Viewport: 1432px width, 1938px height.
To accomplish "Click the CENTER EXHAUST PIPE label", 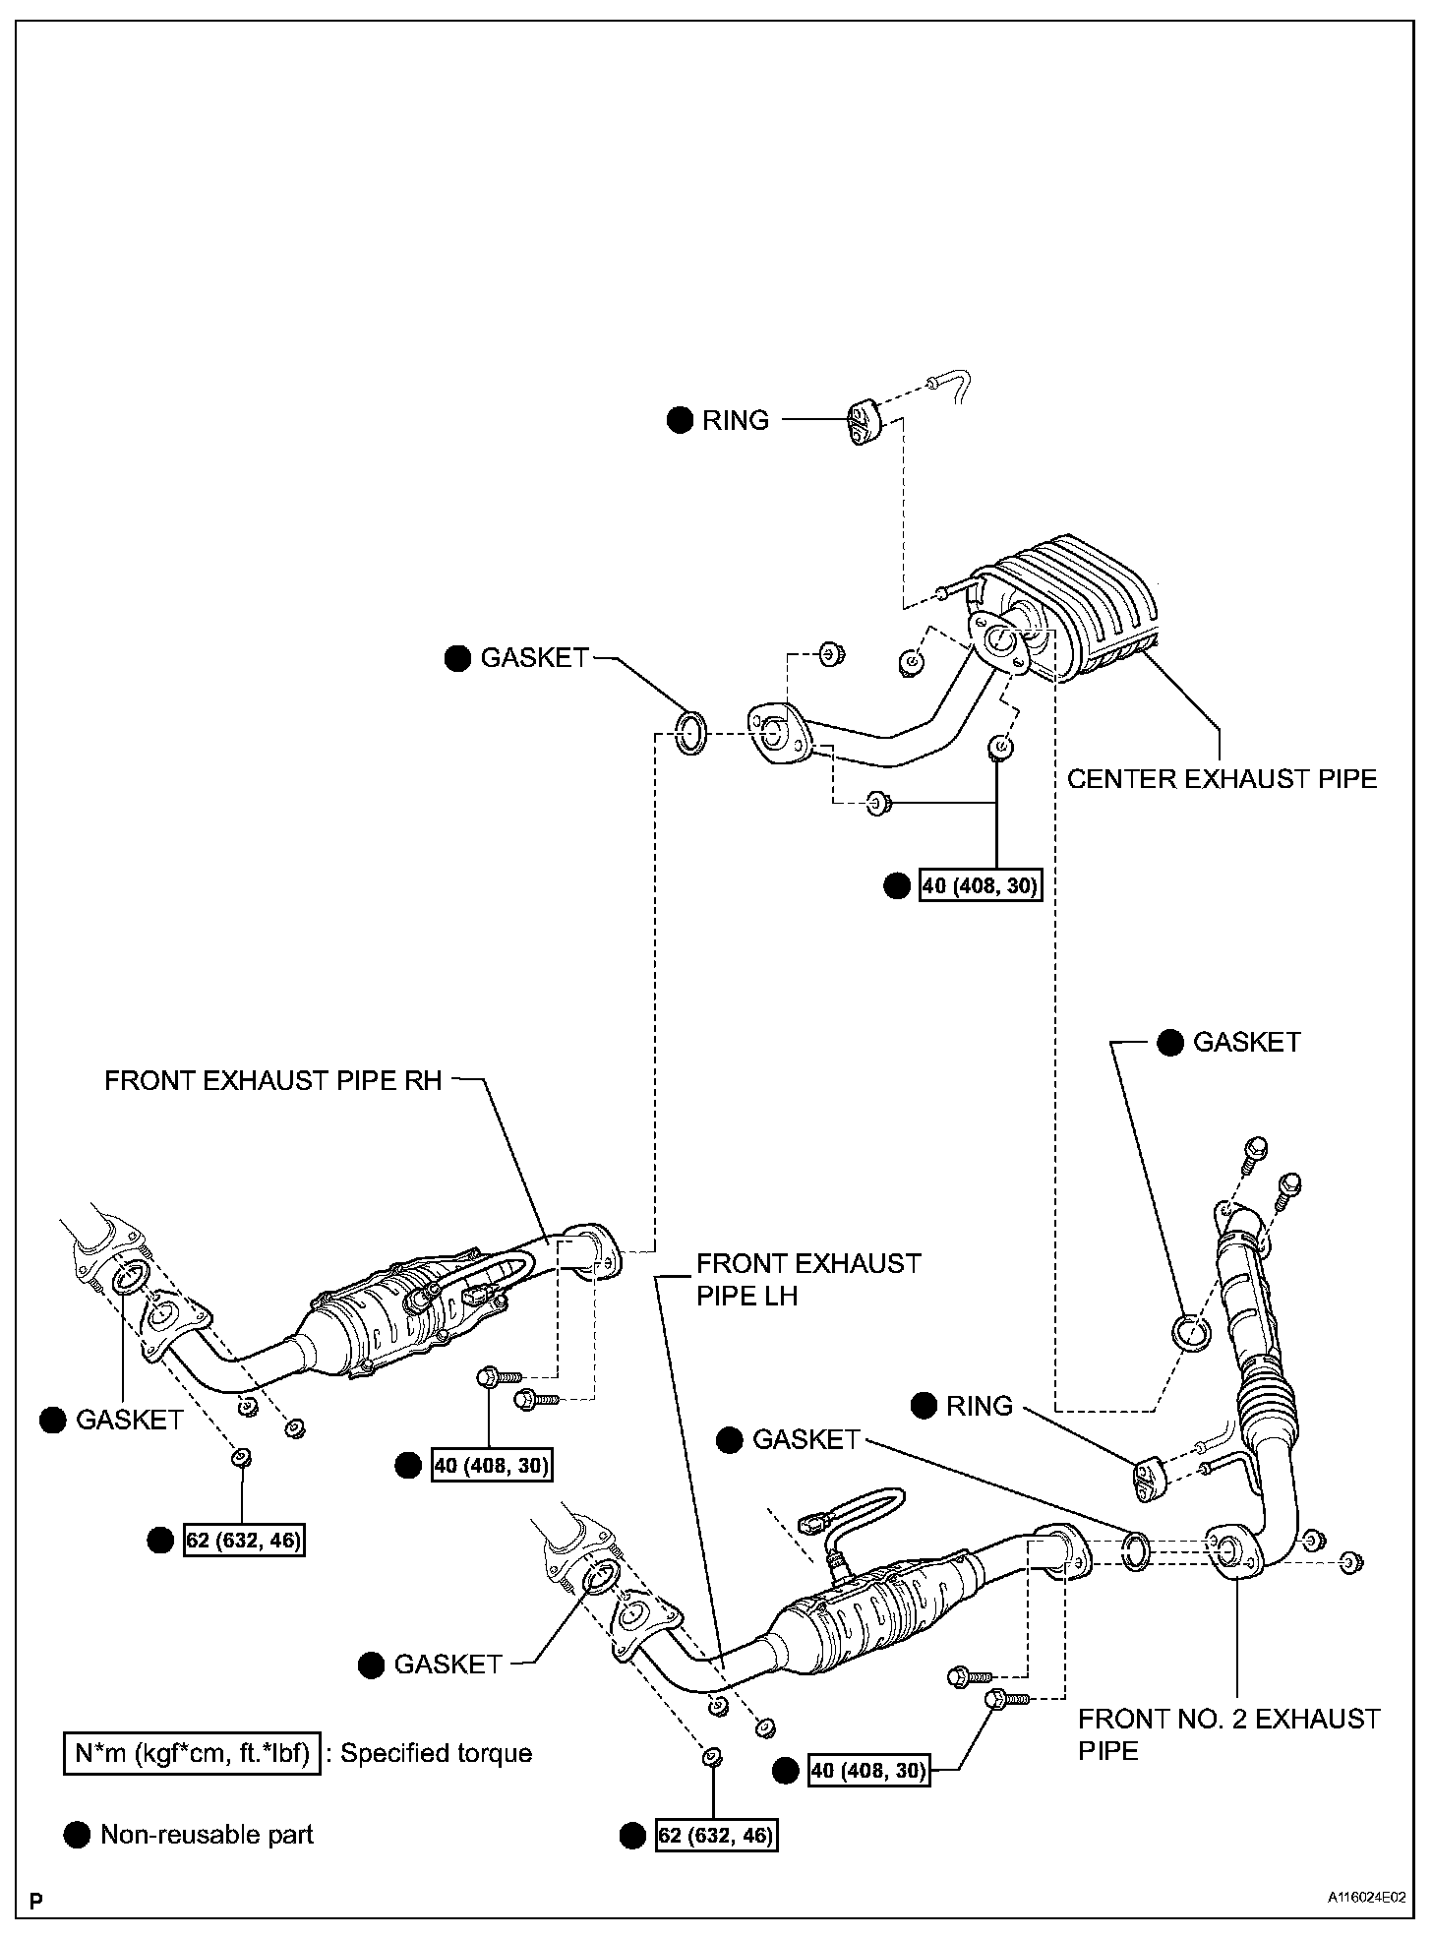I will (1222, 779).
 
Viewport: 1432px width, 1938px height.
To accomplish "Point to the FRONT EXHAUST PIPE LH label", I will (808, 1279).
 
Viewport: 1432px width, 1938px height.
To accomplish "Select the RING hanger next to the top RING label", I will (861, 422).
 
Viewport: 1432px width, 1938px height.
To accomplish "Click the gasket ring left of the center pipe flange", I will (690, 735).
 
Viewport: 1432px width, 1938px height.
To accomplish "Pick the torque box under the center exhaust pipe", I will (980, 885).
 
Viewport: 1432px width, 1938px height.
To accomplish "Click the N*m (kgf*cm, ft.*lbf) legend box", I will (193, 1753).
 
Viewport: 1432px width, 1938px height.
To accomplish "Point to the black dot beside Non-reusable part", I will (76, 1834).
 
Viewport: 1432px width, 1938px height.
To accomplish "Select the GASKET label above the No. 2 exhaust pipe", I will (1246, 1043).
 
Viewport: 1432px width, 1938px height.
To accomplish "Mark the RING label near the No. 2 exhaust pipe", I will (979, 1406).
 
